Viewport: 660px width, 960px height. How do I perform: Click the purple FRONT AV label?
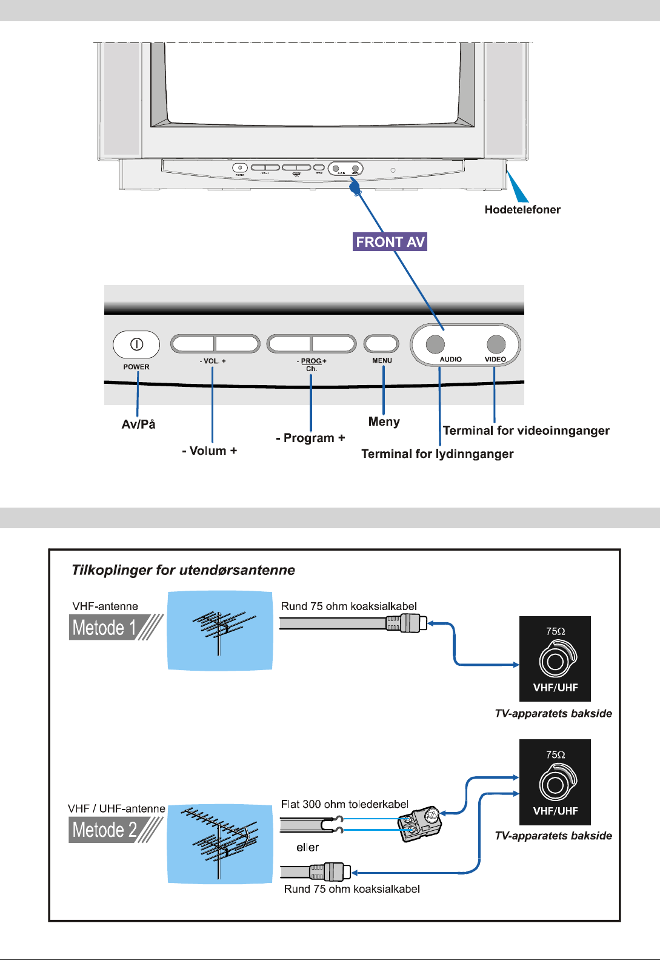pyautogui.click(x=390, y=242)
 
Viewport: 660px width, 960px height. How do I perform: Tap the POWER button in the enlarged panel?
pyautogui.click(x=136, y=345)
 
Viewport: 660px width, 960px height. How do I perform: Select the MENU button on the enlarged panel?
pyautogui.click(x=381, y=344)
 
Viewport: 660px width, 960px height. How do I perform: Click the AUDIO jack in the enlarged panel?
pyautogui.click(x=435, y=344)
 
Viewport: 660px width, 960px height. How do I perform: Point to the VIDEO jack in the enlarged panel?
pyautogui.click(x=496, y=344)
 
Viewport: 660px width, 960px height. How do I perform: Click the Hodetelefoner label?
pyautogui.click(x=522, y=210)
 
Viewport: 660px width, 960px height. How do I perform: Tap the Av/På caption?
pyautogui.click(x=138, y=425)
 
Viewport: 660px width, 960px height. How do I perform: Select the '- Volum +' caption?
pyautogui.click(x=209, y=451)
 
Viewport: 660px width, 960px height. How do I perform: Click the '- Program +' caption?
pyautogui.click(x=310, y=438)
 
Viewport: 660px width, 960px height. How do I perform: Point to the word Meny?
pyautogui.click(x=384, y=421)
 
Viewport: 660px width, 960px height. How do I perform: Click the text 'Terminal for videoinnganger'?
pyautogui.click(x=526, y=431)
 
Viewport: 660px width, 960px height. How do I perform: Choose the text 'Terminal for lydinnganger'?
pyautogui.click(x=437, y=454)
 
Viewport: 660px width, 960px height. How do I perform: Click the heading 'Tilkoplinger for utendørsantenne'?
pyautogui.click(x=183, y=570)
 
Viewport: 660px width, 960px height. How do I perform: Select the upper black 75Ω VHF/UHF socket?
pyautogui.click(x=555, y=660)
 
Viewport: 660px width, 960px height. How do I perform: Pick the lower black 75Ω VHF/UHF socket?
pyautogui.click(x=555, y=783)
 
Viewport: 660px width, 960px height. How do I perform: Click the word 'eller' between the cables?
pyautogui.click(x=307, y=847)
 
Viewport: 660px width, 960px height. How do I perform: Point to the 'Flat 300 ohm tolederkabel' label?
pyautogui.click(x=344, y=804)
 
